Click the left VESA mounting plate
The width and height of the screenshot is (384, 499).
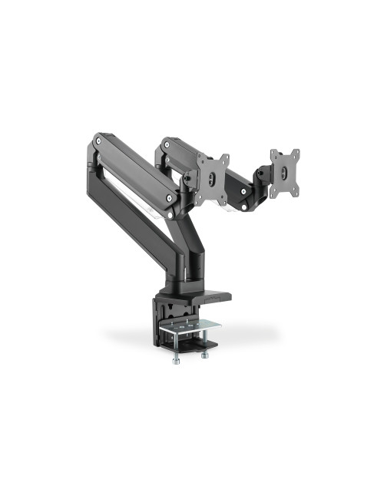(x=213, y=179)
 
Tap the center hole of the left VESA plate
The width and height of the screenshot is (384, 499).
(x=213, y=177)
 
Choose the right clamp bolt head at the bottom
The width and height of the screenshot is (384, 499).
(x=204, y=355)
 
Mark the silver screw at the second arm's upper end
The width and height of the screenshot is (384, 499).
(x=163, y=142)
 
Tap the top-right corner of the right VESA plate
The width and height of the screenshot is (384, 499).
(x=297, y=151)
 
